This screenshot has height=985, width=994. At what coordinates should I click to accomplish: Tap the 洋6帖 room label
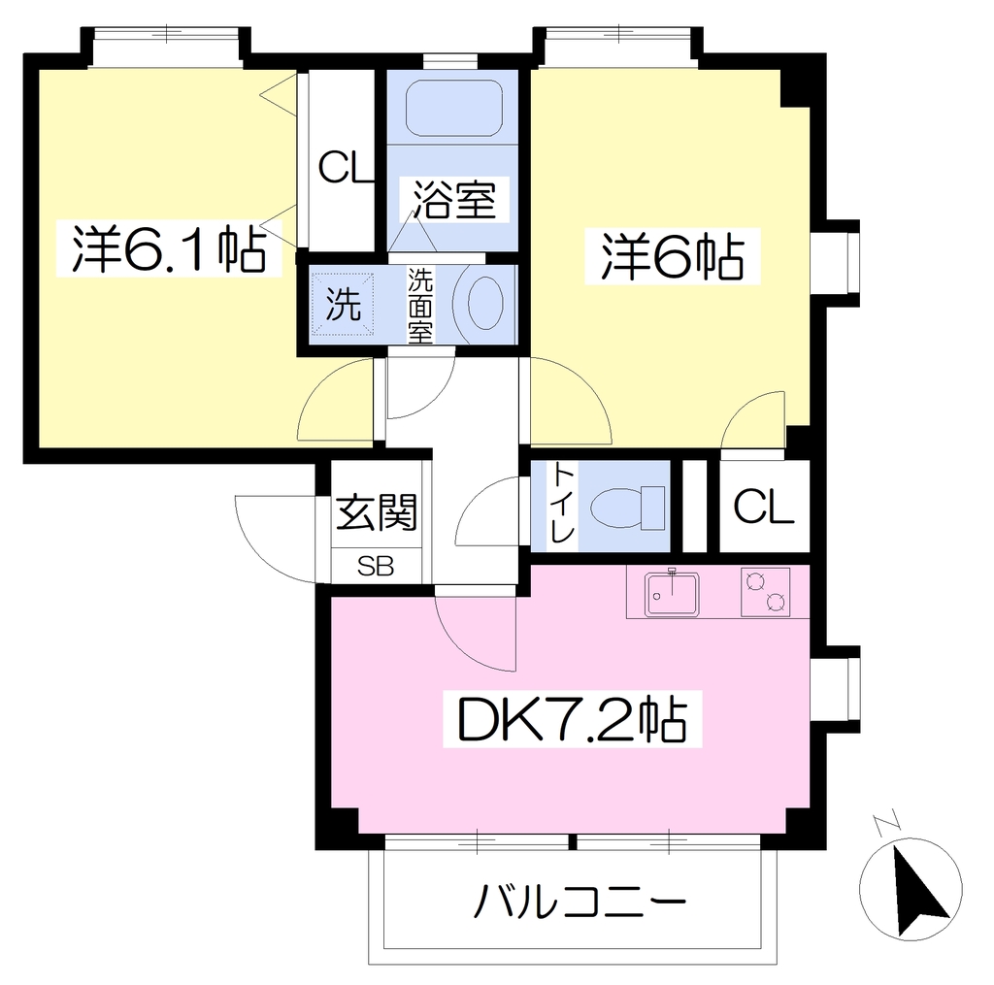click(673, 256)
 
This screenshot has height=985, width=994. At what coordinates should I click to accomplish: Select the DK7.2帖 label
click(572, 719)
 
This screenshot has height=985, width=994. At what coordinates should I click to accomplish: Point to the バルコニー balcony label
click(580, 900)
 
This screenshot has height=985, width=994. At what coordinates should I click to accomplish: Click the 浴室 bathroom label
click(454, 199)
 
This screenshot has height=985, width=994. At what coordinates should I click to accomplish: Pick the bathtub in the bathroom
click(454, 108)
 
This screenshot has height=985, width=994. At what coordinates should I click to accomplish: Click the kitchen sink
click(672, 594)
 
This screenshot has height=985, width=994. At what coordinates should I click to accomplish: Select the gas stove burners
click(765, 592)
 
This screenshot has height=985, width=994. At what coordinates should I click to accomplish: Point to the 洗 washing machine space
click(343, 305)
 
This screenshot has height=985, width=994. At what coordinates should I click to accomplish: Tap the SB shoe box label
click(376, 566)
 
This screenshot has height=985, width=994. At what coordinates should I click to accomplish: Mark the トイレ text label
click(562, 504)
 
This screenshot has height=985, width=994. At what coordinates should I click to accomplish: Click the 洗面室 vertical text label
click(419, 306)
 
